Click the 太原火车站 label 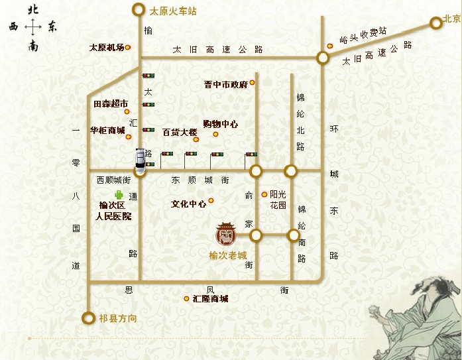[174, 11]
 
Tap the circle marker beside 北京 [435, 23]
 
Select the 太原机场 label [107, 48]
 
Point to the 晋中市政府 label [225, 85]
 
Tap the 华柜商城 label [107, 130]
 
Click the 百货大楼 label [180, 133]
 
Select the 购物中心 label [220, 124]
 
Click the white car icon [140, 158]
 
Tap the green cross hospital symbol [120, 195]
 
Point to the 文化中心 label [188, 204]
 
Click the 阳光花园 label [278, 200]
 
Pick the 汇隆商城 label [210, 299]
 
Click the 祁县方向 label [117, 319]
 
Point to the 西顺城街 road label [113, 180]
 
